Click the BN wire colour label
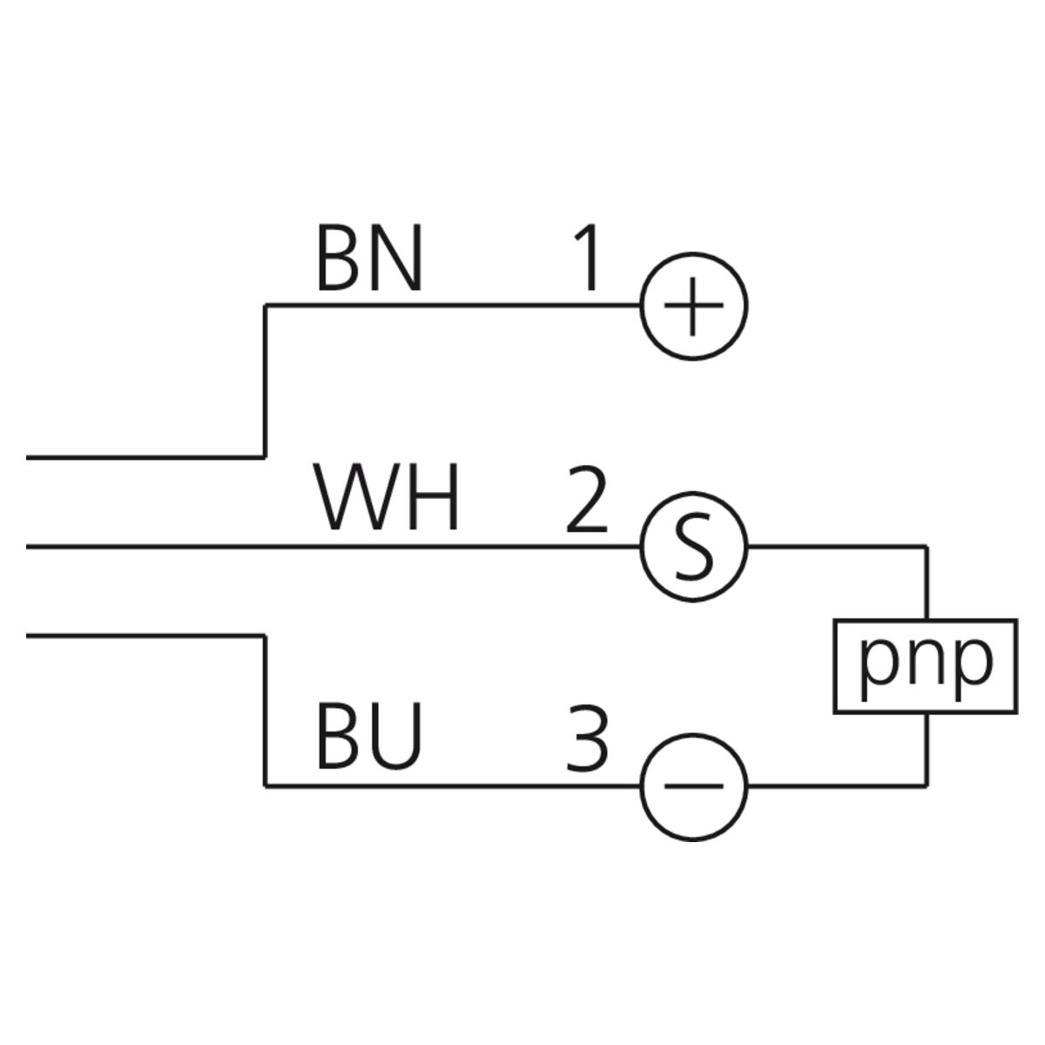[x=369, y=259]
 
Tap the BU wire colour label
[x=369, y=738]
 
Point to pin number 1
[x=588, y=259]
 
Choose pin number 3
[x=587, y=738]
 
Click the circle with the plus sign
[x=694, y=307]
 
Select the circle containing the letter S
[x=694, y=548]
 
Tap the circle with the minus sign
[x=694, y=786]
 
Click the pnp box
[x=925, y=666]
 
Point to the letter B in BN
[x=336, y=259]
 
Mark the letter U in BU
[x=399, y=738]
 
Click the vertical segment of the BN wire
[x=265, y=381]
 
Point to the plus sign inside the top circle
[x=694, y=307]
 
